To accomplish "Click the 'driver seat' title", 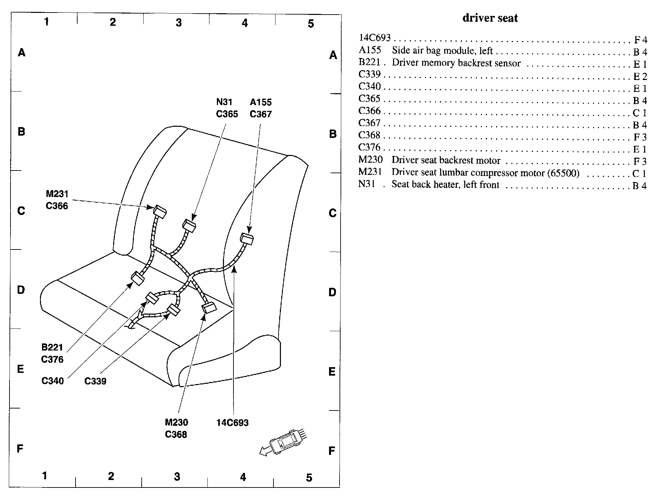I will coord(490,18).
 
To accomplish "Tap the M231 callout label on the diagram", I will coord(57,194).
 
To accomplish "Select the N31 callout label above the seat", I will coord(224,102).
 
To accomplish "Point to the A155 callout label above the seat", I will coord(261,102).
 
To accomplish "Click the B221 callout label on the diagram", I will coord(52,347).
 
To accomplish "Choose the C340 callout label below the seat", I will coord(53,381).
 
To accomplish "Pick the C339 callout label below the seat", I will coord(95,381).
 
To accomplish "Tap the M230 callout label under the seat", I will coord(176,422).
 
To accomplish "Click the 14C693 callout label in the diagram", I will coord(232,423).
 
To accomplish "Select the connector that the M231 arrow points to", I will coord(160,212).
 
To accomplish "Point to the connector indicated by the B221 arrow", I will coord(138,278).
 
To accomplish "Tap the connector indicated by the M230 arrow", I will coord(209,307).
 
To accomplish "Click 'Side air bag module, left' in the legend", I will coord(442,51).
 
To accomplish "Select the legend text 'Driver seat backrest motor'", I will coord(446,160).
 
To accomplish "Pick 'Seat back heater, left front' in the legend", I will coord(445,185).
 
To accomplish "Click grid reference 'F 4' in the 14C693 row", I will coord(640,40).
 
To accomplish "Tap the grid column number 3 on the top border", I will coord(179,22).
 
